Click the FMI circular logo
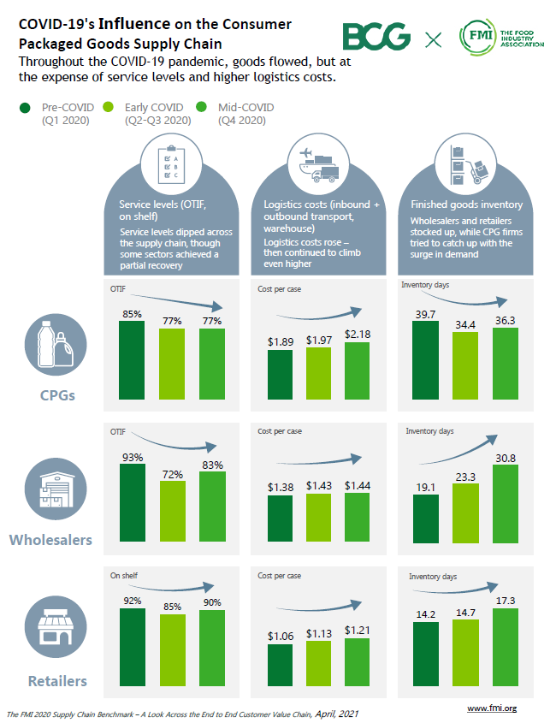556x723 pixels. coord(477,37)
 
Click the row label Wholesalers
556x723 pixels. coord(50,540)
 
